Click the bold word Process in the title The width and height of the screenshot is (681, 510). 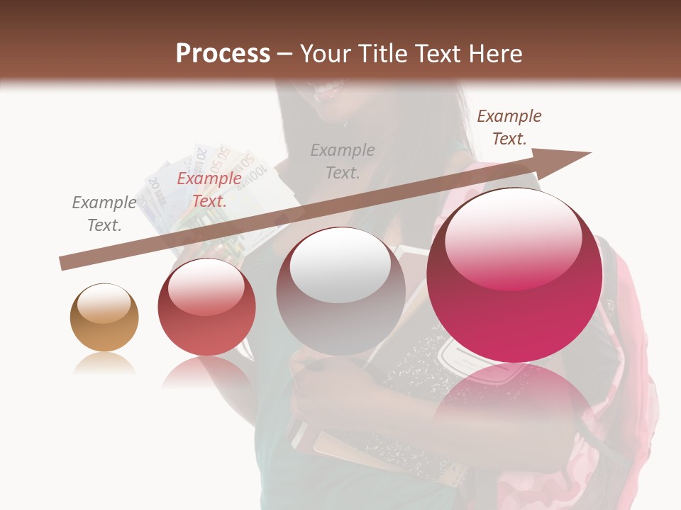pyautogui.click(x=223, y=54)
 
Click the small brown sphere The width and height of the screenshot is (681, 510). pyautogui.click(x=104, y=318)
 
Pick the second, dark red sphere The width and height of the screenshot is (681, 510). pyautogui.click(x=206, y=307)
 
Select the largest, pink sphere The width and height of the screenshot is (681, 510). pyautogui.click(x=514, y=276)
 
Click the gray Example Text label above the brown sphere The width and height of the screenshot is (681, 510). pyautogui.click(x=104, y=214)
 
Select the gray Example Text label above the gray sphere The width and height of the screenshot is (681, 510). pyautogui.click(x=343, y=161)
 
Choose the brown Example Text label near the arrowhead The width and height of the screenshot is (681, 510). pyautogui.click(x=509, y=127)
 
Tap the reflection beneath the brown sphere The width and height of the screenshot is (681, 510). pyautogui.click(x=104, y=364)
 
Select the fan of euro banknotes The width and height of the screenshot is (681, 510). pyautogui.click(x=206, y=191)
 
